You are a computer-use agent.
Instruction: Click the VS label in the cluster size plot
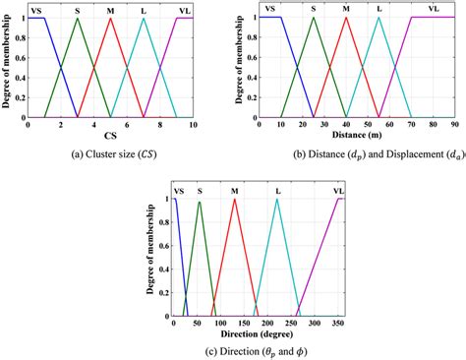point(36,8)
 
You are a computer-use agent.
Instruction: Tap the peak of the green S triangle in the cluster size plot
point(78,18)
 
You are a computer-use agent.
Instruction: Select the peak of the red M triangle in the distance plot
point(346,18)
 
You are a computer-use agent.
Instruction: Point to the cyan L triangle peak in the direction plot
point(277,200)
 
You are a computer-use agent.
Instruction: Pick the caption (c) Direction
point(258,352)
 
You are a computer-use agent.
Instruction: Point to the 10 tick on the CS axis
point(193,124)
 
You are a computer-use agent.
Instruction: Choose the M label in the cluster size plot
point(111,8)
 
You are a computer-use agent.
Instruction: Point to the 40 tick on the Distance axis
point(346,124)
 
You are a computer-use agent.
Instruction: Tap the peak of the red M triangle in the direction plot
point(234,200)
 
